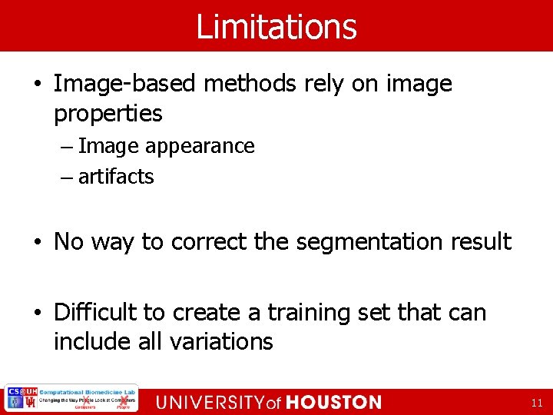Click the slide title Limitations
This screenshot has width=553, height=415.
(276, 26)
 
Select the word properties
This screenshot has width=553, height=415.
(108, 115)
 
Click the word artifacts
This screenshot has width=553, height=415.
(116, 177)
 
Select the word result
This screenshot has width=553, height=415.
(482, 241)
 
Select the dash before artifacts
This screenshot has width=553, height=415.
(68, 178)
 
